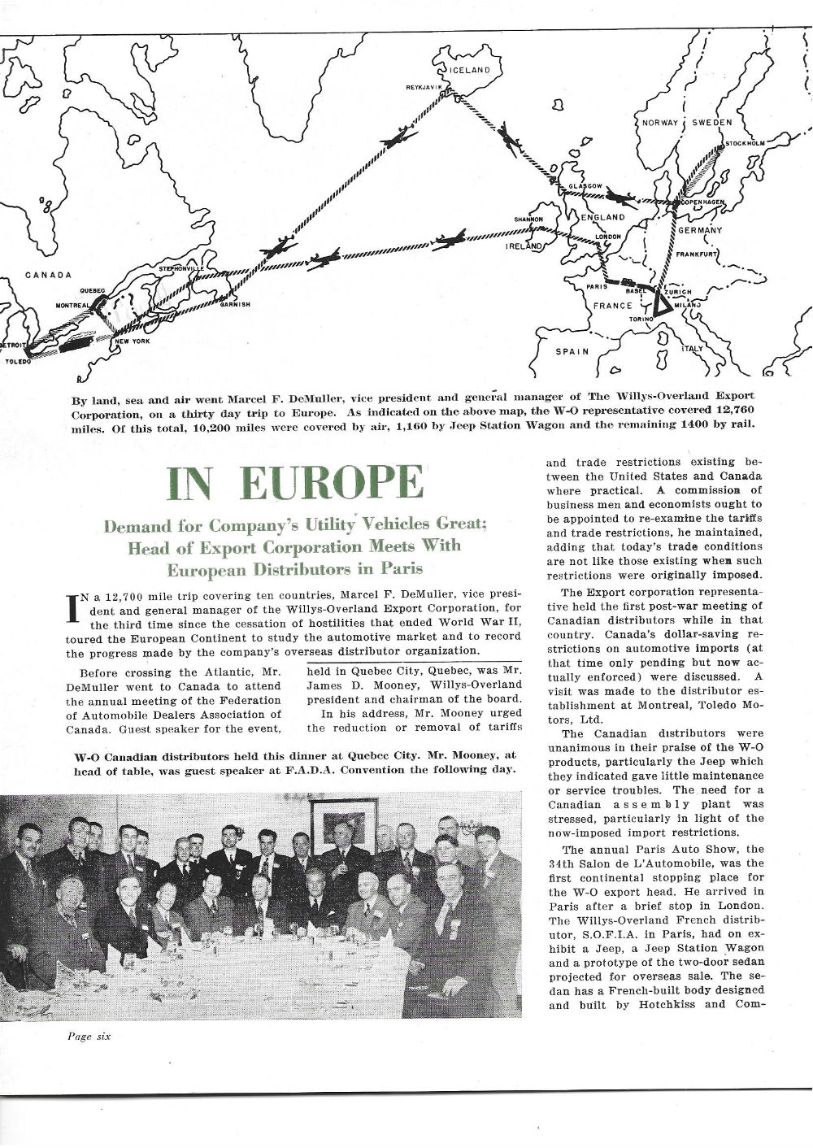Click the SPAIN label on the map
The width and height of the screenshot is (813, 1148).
click(x=572, y=352)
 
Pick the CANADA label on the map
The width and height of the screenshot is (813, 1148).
click(x=48, y=274)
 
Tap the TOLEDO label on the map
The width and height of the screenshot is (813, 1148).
click(x=18, y=361)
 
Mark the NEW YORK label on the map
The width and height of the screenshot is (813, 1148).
click(x=133, y=341)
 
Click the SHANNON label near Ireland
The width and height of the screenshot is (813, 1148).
click(x=528, y=220)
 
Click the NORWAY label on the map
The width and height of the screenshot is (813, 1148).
click(x=660, y=123)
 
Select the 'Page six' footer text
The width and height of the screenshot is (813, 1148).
click(x=89, y=1036)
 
